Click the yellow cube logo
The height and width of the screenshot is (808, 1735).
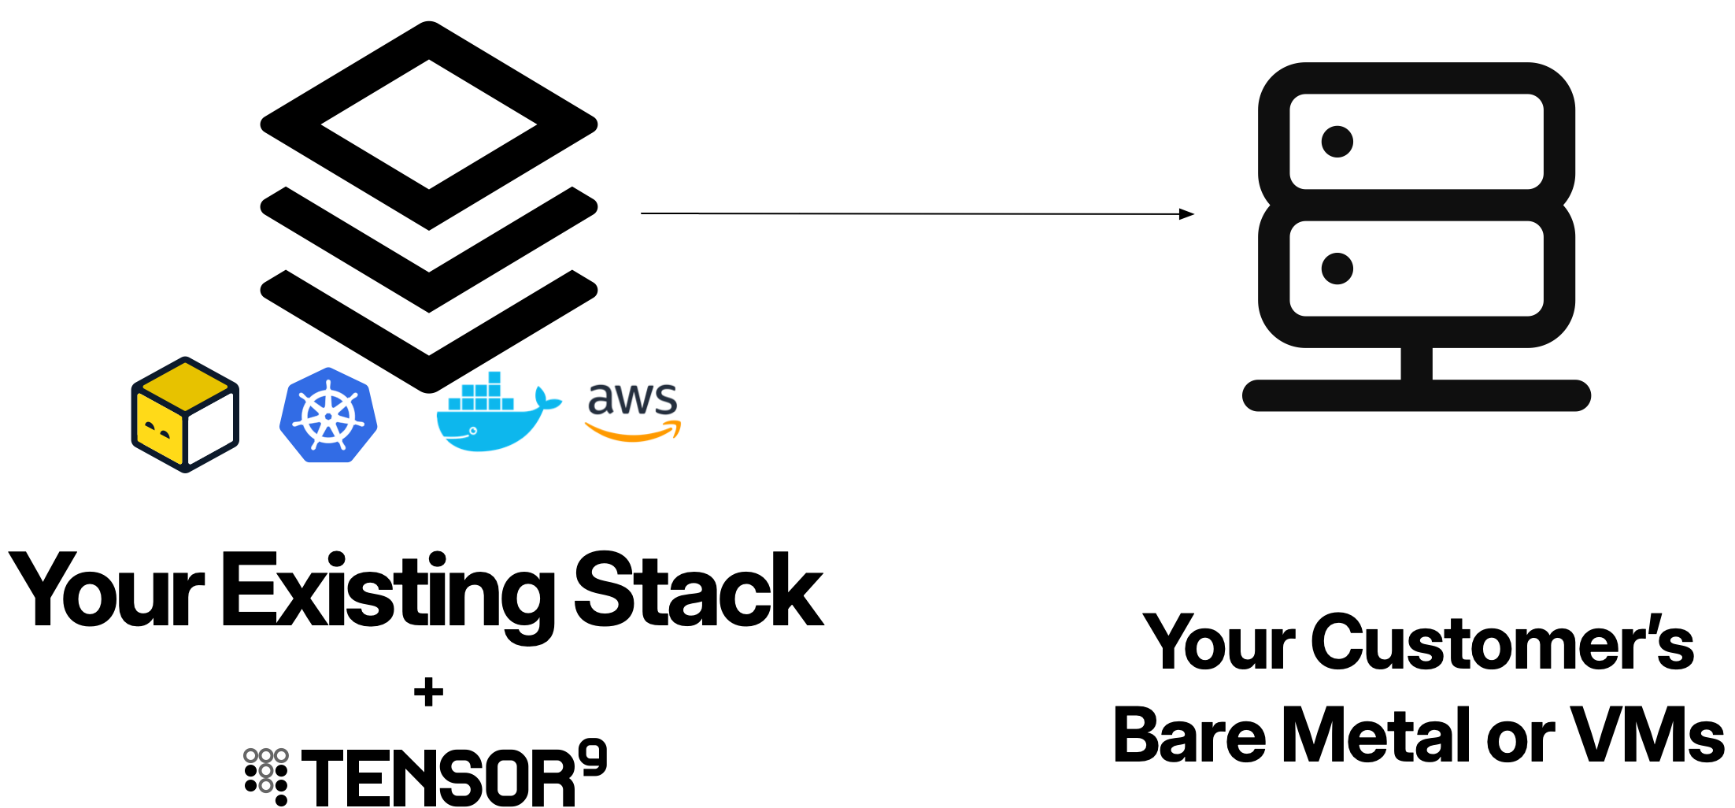click(x=185, y=414)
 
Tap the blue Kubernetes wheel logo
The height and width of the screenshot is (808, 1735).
click(x=328, y=415)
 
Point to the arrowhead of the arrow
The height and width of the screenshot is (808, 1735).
click(x=1187, y=214)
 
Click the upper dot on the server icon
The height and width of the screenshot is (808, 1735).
click(x=1337, y=142)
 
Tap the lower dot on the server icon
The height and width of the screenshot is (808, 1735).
click(x=1337, y=269)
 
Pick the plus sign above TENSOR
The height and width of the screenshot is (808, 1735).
click(x=428, y=693)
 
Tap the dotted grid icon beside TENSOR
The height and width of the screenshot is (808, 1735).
click(x=266, y=776)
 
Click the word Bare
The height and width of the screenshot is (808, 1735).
click(x=1189, y=735)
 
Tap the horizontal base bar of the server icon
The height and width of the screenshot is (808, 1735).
click(x=1416, y=395)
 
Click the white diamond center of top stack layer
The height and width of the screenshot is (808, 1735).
click(x=429, y=124)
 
